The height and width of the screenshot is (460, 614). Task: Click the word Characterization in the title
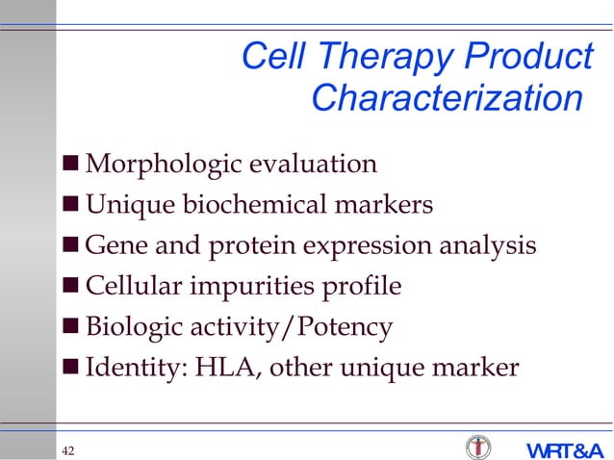448,98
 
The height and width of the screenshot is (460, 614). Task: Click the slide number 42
69,451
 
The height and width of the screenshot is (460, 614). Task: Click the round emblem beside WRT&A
477,447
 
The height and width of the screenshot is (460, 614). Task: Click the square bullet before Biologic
72,327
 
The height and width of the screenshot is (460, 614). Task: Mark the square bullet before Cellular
72,287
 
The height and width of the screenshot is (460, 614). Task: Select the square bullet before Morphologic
72,165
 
